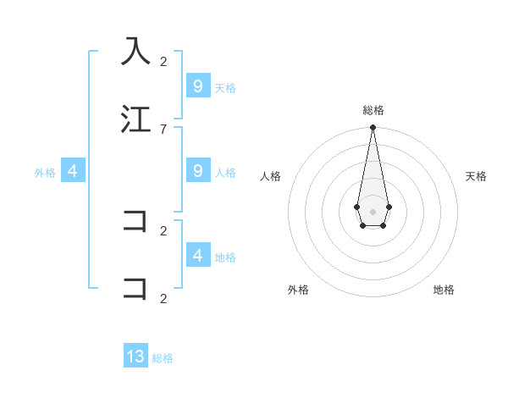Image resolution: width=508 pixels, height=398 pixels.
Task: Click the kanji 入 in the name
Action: pyautogui.click(x=135, y=51)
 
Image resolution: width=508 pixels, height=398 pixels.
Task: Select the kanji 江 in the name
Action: pyautogui.click(x=135, y=119)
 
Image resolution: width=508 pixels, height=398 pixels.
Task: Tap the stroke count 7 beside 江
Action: pyautogui.click(x=163, y=129)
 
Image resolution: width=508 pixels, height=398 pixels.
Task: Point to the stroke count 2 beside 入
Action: pyautogui.click(x=163, y=61)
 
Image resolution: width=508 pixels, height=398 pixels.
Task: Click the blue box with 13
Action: pyautogui.click(x=135, y=357)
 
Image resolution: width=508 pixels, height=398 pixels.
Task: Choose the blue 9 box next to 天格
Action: pyautogui.click(x=197, y=86)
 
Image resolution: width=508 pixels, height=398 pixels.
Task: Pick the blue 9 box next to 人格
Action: pyautogui.click(x=197, y=171)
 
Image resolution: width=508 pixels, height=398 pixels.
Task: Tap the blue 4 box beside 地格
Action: pyautogui.click(x=197, y=255)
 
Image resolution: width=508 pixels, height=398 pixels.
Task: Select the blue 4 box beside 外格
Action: pyautogui.click(x=72, y=171)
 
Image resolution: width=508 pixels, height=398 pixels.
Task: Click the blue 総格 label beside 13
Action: pyautogui.click(x=163, y=358)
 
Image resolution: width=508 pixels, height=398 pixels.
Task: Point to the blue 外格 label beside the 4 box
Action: pyautogui.click(x=45, y=172)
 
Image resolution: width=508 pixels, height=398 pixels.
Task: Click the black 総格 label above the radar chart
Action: pyautogui.click(x=373, y=110)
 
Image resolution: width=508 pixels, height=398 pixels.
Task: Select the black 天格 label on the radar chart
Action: pyautogui.click(x=476, y=176)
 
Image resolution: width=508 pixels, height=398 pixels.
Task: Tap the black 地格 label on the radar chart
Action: pyautogui.click(x=444, y=290)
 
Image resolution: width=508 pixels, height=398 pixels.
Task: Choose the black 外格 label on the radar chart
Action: pyautogui.click(x=298, y=290)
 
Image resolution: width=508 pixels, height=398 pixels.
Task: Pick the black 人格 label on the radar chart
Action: pyautogui.click(x=270, y=176)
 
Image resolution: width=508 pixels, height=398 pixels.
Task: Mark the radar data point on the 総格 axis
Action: pyautogui.click(x=373, y=127)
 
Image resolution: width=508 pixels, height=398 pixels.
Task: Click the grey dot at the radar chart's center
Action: pyautogui.click(x=373, y=211)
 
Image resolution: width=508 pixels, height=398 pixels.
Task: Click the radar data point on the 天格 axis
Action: pyautogui.click(x=389, y=207)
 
